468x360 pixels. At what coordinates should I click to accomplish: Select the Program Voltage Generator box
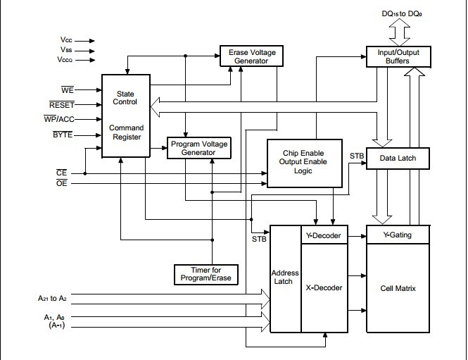[199, 148]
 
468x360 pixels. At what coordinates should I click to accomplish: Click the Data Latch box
[398, 158]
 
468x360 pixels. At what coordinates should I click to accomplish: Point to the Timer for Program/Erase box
[205, 273]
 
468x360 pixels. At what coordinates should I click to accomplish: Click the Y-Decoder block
[324, 235]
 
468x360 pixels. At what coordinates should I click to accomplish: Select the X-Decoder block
[324, 287]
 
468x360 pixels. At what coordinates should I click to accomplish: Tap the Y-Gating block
[398, 235]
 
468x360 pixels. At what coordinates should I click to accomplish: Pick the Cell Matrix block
[398, 287]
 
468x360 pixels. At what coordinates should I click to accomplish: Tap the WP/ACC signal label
[58, 119]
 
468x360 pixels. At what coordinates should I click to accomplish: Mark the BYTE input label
[63, 134]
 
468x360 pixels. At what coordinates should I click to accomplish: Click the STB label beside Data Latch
[357, 155]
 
